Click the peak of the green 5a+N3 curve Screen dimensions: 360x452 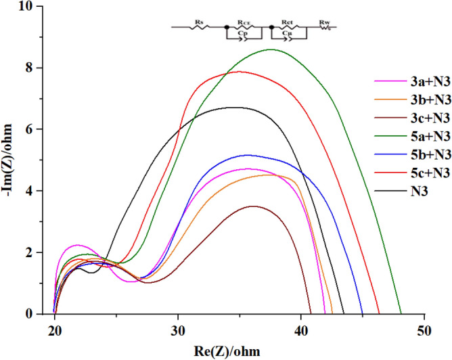click(271, 49)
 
